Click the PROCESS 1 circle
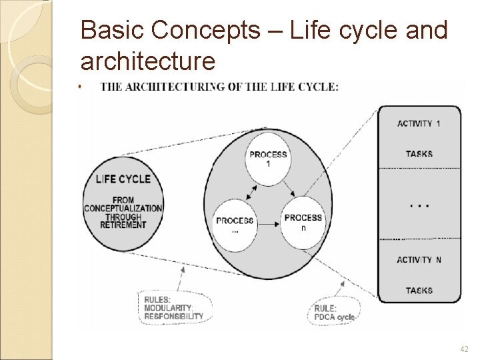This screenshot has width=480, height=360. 268,159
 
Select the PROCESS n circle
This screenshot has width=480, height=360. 303,222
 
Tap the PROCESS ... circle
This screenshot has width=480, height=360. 235,224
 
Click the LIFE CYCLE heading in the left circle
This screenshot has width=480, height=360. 123,179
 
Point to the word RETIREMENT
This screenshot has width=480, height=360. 123,225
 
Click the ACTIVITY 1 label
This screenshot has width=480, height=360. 419,123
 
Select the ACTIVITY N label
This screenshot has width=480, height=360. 419,259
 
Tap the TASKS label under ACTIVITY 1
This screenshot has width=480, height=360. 419,154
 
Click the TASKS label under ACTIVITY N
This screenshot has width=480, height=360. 419,290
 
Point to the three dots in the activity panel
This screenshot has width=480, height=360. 419,205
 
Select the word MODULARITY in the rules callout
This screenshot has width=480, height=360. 168,307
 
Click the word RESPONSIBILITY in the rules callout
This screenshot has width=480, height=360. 174,316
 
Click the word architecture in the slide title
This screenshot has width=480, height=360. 148,61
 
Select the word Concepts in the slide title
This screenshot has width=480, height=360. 205,30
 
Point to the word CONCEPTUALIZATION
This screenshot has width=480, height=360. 123,208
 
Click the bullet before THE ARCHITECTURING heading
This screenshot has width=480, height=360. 79,86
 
